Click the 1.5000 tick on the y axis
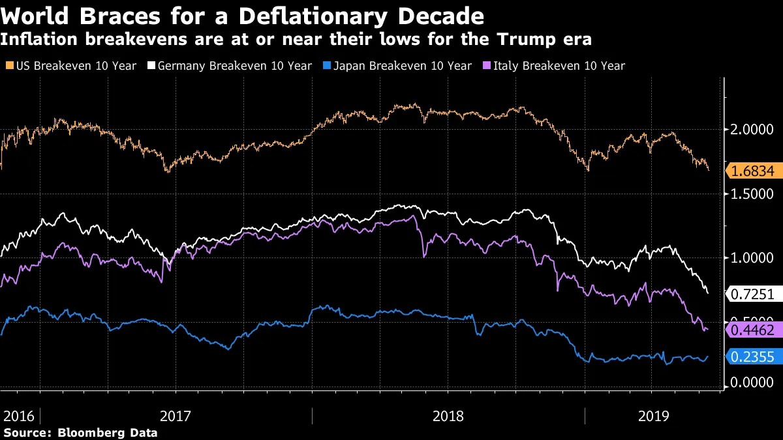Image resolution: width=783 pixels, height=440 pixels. click(750, 194)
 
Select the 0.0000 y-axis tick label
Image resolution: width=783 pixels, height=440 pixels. click(750, 383)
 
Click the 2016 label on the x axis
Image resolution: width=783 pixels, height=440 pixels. click(18, 417)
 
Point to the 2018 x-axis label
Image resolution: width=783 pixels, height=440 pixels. click(448, 417)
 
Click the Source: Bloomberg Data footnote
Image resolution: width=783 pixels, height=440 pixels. click(80, 432)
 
